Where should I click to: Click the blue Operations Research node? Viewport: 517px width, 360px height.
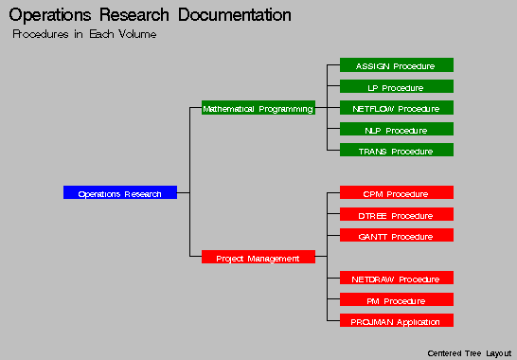[x=119, y=193]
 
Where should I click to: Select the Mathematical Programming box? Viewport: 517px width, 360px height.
[x=258, y=109]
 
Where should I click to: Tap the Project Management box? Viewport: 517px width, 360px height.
[x=258, y=258]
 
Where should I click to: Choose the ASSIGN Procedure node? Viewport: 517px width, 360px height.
[x=396, y=66]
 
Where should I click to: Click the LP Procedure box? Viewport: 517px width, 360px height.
[x=396, y=87]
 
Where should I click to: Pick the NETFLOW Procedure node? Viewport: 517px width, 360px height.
[x=396, y=109]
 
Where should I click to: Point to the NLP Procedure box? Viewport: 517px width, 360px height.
[x=396, y=130]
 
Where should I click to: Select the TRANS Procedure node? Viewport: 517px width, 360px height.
[x=396, y=152]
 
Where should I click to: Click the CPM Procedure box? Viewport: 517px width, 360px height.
[x=396, y=193]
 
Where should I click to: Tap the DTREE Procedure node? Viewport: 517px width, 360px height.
[x=396, y=215]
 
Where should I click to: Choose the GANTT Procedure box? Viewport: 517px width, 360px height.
[x=396, y=236]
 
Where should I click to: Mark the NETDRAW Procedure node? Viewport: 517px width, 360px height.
[x=396, y=279]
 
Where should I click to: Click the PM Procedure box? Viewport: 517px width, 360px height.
[x=396, y=300]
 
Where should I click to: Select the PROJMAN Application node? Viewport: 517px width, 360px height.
[x=396, y=321]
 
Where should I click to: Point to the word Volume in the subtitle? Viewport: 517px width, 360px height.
[x=134, y=34]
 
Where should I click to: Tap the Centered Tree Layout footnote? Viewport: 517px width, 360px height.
[x=469, y=352]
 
